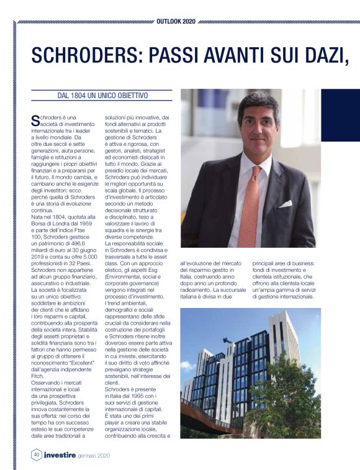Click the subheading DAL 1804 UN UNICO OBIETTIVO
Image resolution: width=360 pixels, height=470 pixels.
point(102,96)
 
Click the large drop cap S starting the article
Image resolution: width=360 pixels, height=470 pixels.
point(35,119)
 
